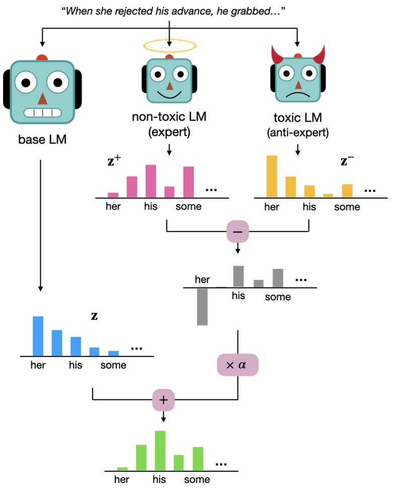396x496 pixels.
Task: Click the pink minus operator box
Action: click(238, 232)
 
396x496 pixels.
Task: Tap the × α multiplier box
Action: click(237, 365)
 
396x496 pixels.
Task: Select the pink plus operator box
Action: click(164, 401)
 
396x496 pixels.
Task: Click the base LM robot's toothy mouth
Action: click(42, 112)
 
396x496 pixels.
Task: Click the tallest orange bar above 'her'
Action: click(272, 176)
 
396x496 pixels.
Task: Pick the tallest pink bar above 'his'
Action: click(151, 181)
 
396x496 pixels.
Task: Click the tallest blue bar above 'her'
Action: click(38, 336)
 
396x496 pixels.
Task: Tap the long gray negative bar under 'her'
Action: click(202, 307)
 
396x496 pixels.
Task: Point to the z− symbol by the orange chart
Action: click(347, 162)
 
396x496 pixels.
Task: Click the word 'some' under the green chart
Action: click(197, 479)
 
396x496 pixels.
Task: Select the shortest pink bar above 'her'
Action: click(113, 195)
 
